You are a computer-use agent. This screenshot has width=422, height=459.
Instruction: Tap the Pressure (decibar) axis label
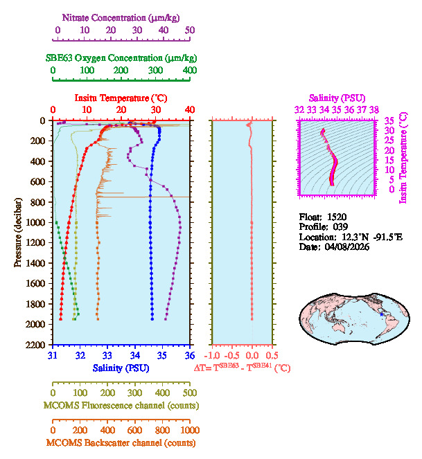pos(18,232)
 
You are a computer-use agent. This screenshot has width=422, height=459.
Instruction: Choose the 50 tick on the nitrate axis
pos(190,30)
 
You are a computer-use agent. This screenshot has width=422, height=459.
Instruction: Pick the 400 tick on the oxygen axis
pos(190,71)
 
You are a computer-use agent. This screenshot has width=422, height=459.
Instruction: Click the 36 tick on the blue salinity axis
pos(190,356)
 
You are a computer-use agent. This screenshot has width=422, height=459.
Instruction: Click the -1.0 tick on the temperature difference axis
pos(214,356)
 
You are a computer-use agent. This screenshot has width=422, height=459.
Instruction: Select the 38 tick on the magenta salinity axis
pos(374,109)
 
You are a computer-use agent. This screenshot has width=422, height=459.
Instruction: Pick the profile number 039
pos(335,226)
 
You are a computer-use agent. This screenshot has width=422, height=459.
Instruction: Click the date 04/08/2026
pos(347,246)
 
